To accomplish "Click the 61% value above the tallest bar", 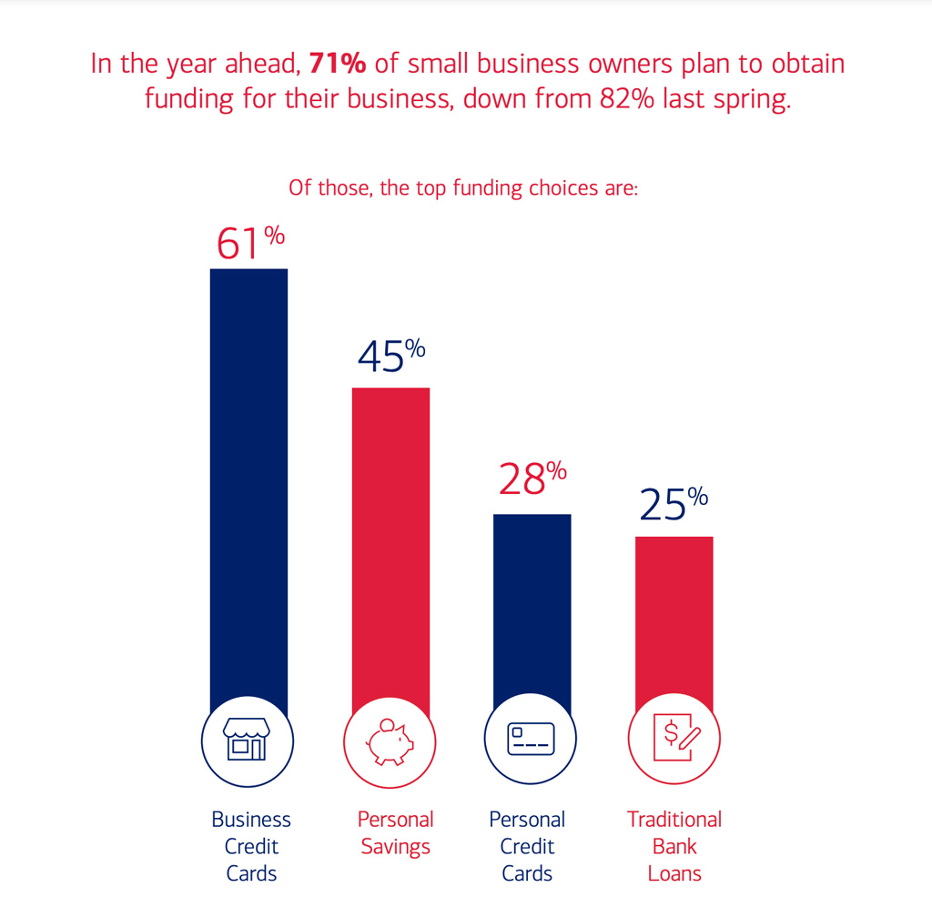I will tap(249, 243).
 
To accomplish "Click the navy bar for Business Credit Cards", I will tap(248, 482).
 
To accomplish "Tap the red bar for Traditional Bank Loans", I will tap(674, 619).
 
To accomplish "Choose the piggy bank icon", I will tap(390, 739).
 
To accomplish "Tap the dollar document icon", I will tap(674, 739).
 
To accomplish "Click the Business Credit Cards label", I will tap(251, 846).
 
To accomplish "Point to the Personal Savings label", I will tap(395, 832).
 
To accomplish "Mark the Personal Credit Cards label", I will tap(527, 846).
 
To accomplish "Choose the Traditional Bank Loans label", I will tap(674, 846).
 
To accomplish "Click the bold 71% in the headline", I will tap(339, 64).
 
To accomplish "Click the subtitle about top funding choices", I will tap(464, 188).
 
